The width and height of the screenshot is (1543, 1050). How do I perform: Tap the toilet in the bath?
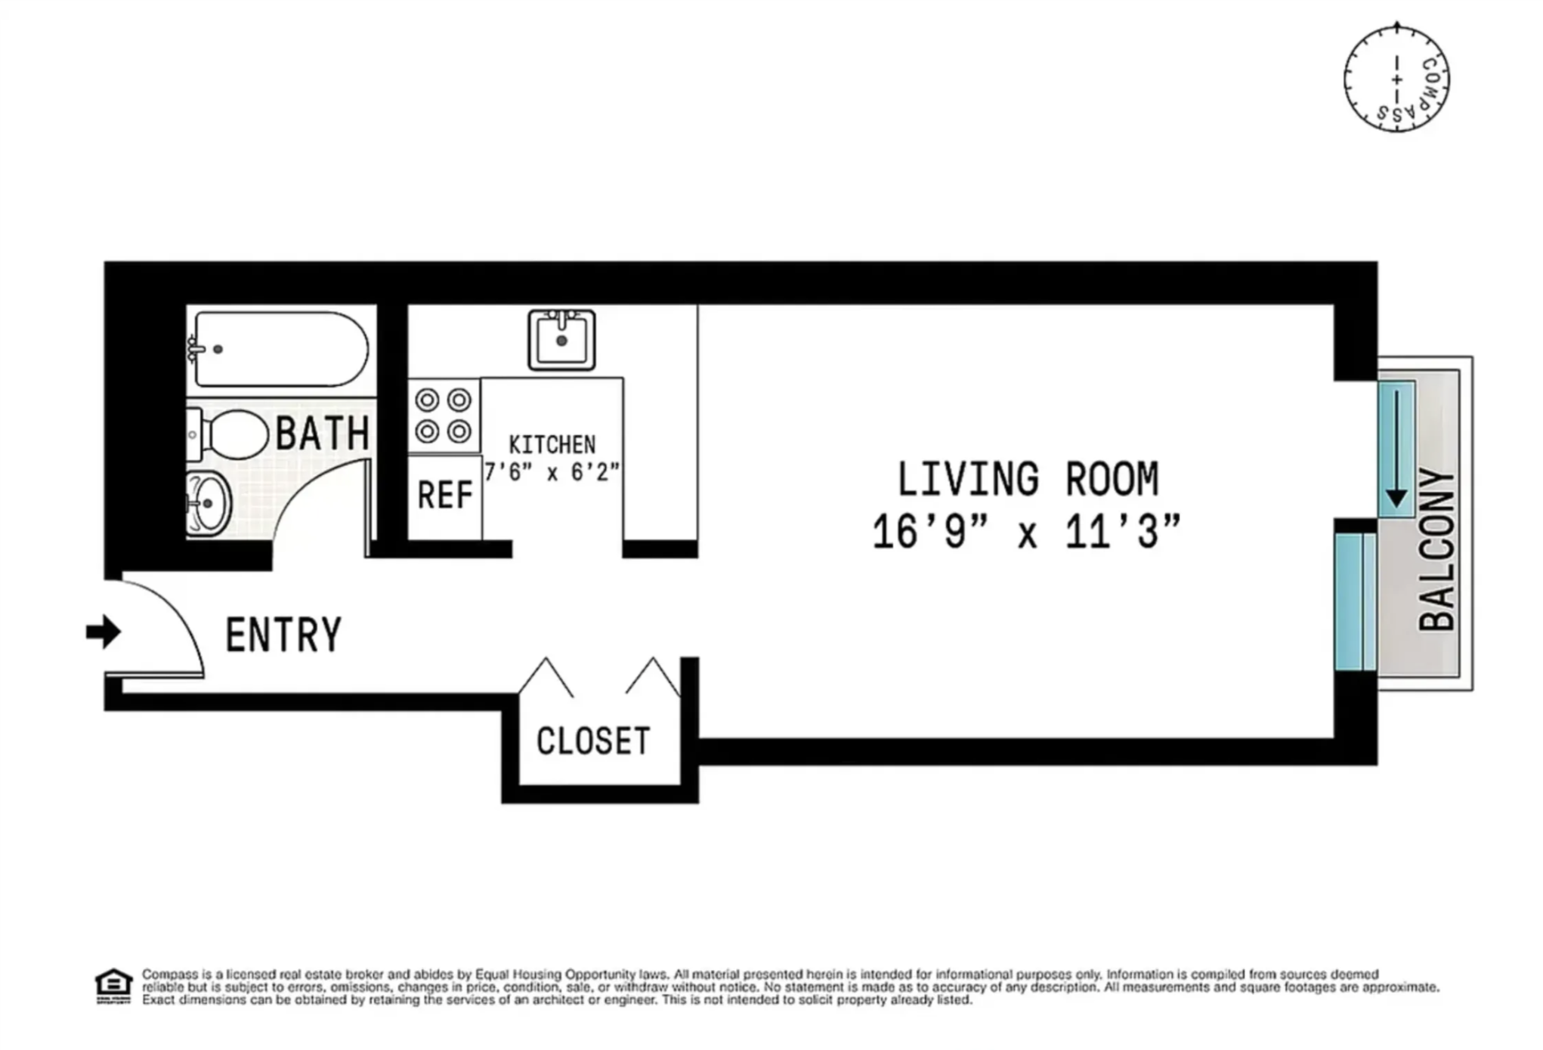tap(230, 434)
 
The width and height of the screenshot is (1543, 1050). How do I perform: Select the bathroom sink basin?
tap(209, 503)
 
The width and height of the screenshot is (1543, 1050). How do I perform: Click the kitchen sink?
tap(561, 341)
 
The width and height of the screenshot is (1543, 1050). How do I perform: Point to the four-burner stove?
tap(444, 415)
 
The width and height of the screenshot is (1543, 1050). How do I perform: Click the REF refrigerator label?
tap(444, 496)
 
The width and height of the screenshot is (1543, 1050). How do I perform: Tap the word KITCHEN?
tap(552, 445)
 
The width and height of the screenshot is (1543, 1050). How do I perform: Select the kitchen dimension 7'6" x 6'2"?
tap(552, 473)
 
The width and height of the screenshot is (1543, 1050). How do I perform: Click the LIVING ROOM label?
tap(1028, 480)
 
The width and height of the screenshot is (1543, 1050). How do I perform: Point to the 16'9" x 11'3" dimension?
tap(1026, 532)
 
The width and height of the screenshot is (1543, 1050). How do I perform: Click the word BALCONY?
tap(1436, 549)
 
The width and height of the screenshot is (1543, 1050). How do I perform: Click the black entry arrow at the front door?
tap(103, 632)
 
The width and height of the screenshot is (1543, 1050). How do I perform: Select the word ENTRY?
tap(283, 635)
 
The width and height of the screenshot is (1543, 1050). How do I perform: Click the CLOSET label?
tap(593, 742)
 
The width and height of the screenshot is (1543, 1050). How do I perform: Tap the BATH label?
tap(323, 434)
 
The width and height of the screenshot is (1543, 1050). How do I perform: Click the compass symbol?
tap(1396, 79)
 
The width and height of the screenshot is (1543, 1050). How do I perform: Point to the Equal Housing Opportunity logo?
tap(113, 987)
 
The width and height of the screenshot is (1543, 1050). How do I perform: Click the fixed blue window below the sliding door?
tap(1355, 602)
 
